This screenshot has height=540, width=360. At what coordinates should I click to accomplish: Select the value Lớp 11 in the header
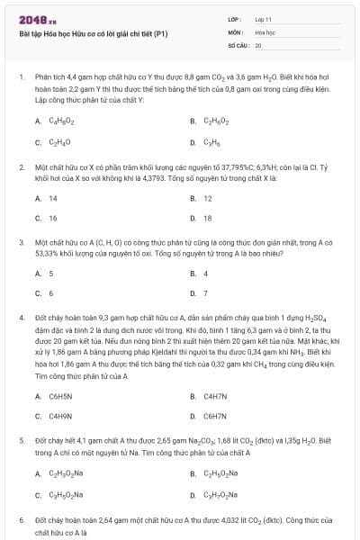[264, 18]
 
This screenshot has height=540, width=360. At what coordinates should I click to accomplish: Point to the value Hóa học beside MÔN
[265, 31]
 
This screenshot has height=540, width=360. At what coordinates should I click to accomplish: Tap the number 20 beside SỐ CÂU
[258, 44]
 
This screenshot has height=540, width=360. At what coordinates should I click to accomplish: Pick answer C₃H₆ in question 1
[212, 142]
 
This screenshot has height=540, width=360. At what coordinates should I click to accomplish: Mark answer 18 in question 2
[208, 218]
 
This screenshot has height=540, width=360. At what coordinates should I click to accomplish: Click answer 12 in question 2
[208, 198]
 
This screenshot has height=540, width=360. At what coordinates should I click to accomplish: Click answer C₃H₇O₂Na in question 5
[220, 494]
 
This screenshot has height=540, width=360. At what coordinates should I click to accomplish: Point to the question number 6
[22, 520]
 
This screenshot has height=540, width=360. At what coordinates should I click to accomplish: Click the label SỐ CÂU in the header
[238, 44]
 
